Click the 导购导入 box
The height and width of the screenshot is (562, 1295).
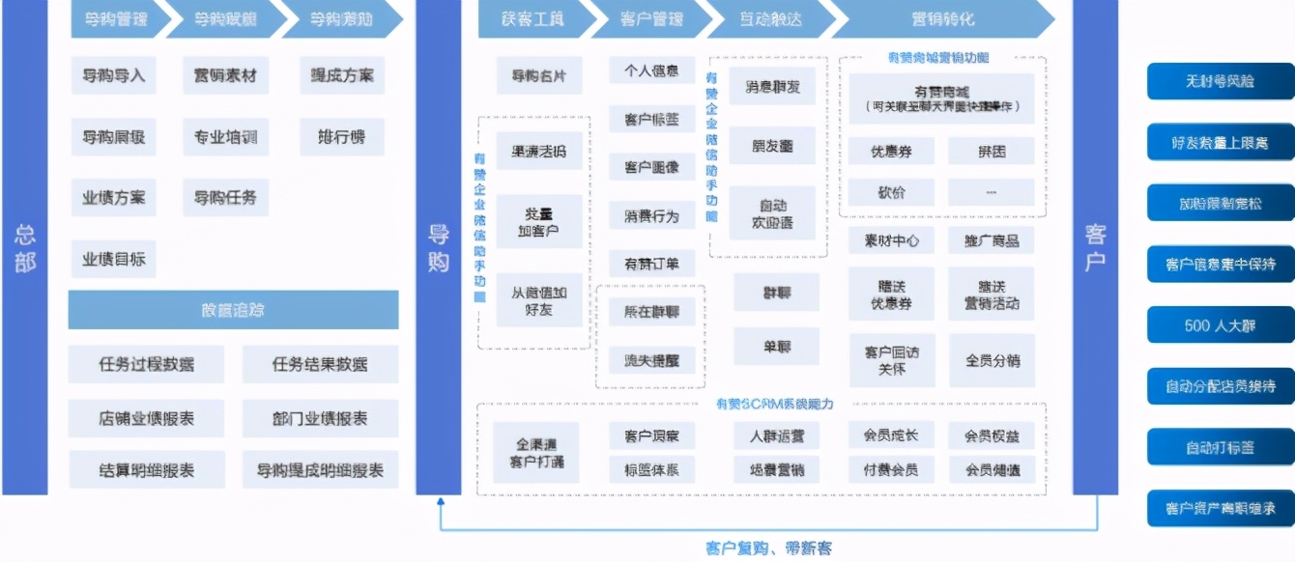[113, 75]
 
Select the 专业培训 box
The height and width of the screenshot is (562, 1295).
[225, 137]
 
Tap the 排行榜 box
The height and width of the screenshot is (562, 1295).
[341, 137]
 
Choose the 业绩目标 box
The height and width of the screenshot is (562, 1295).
[113, 259]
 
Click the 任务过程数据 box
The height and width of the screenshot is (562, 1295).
[146, 364]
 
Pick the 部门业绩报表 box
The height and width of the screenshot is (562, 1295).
[320, 418]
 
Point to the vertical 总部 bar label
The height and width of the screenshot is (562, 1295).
[24, 248]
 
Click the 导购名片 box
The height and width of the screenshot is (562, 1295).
[539, 75]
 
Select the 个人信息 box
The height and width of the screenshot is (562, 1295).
[651, 70]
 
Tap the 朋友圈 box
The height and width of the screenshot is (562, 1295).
[772, 146]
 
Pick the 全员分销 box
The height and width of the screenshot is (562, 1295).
[992, 360]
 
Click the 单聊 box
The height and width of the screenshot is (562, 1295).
[775, 346]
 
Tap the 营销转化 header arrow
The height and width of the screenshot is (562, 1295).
[942, 19]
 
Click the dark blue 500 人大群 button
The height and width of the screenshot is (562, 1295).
[1220, 325]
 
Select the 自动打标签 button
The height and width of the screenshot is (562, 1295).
[1220, 447]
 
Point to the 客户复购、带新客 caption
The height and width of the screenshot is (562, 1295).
[768, 548]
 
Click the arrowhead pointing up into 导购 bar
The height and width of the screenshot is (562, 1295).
[441, 503]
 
